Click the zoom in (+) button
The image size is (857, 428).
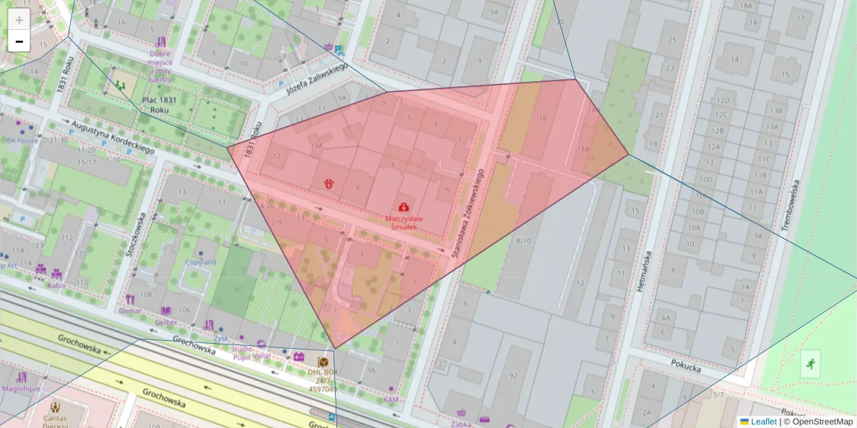click(19, 20)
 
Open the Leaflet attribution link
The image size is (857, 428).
click(763, 422)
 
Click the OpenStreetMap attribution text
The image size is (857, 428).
click(821, 422)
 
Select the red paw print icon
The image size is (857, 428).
click(329, 183)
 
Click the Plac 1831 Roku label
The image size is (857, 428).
click(159, 106)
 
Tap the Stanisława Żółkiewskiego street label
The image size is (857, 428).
click(468, 213)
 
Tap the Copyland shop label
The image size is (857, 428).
click(201, 262)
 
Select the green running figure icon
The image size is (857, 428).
click(810, 364)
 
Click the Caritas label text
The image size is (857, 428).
click(60, 417)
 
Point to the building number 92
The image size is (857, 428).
click(513, 375)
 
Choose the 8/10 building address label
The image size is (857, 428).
click(524, 241)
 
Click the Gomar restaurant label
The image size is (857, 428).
click(131, 312)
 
